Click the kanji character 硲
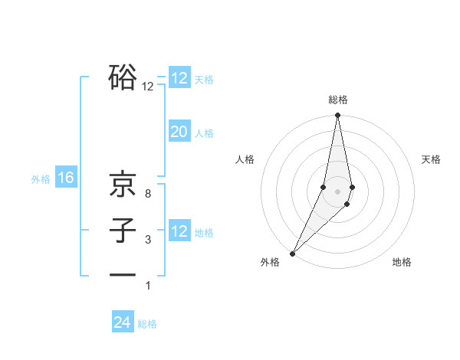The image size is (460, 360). (x=123, y=77)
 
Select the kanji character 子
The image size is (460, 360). (x=123, y=231)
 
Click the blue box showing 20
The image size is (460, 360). (x=179, y=132)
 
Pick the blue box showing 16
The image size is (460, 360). (x=65, y=178)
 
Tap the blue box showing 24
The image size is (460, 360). (x=123, y=322)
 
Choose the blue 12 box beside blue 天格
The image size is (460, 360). (x=179, y=78)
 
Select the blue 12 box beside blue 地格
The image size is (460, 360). (x=179, y=231)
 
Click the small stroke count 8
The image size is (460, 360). (x=147, y=194)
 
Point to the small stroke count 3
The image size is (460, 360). (x=147, y=240)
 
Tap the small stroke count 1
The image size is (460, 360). (x=147, y=286)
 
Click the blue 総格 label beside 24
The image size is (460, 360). (x=147, y=324)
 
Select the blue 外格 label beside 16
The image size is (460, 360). (x=41, y=179)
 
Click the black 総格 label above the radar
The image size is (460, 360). (x=337, y=100)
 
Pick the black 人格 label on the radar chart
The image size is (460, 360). (x=245, y=159)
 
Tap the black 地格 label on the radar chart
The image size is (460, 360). (x=402, y=262)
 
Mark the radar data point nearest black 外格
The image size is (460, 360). (x=293, y=253)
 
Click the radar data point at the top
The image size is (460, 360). (x=337, y=116)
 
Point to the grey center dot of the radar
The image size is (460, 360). (x=337, y=191)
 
